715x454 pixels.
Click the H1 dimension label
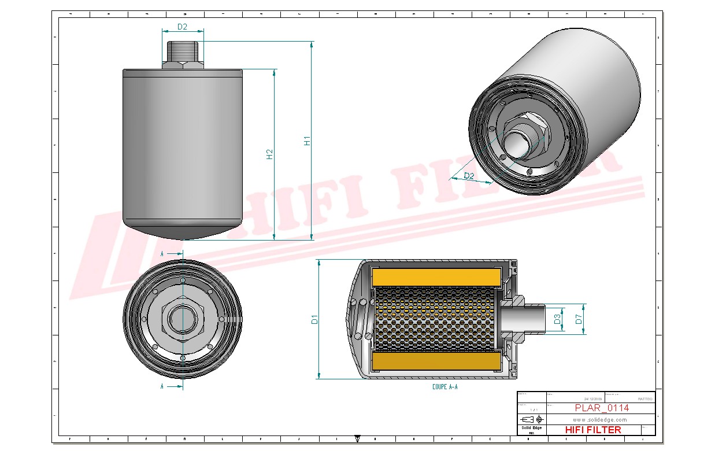click(307, 141)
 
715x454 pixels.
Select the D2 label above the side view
click(182, 27)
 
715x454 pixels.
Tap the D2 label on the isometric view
click(469, 175)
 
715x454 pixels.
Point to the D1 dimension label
click(314, 319)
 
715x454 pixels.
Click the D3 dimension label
click(557, 319)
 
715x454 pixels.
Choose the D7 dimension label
click(578, 319)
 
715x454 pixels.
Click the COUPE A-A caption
click(444, 387)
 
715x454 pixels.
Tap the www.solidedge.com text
click(599, 419)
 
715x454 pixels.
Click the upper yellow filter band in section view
click(436, 277)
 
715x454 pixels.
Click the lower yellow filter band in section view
click(436, 362)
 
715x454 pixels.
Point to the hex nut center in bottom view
click(183, 319)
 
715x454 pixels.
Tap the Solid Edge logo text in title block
click(531, 427)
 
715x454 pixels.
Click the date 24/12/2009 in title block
click(592, 398)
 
